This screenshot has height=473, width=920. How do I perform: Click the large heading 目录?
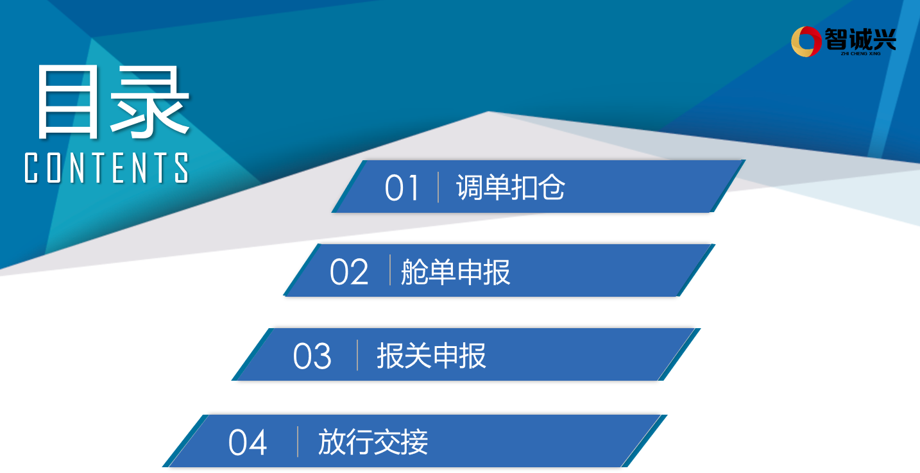point(114,102)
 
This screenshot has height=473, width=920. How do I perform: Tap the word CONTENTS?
point(106,167)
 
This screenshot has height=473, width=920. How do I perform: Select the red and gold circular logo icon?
point(806,42)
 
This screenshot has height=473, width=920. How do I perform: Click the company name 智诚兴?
point(860,39)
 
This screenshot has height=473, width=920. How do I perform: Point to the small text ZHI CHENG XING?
point(860,54)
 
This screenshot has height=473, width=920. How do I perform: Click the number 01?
point(402,188)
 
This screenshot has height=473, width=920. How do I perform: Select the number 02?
point(349,272)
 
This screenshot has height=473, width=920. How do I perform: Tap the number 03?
point(312,356)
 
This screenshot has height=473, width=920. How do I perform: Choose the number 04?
point(248,442)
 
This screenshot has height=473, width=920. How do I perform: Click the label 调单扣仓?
point(511,188)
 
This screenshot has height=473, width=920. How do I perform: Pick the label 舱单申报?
point(456,272)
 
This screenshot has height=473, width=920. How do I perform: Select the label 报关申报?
point(431,355)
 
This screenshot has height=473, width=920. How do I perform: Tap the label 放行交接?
point(373,442)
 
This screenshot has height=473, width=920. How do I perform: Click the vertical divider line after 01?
point(438,188)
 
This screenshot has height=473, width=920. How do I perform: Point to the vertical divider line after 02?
point(390,270)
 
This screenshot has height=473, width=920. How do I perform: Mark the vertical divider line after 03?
point(357,355)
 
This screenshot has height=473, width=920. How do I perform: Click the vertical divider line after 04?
point(297,442)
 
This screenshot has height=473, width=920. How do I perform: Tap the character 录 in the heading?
point(150,102)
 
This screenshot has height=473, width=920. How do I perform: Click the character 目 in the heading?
point(68,102)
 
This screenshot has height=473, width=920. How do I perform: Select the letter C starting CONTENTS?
point(31,167)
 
